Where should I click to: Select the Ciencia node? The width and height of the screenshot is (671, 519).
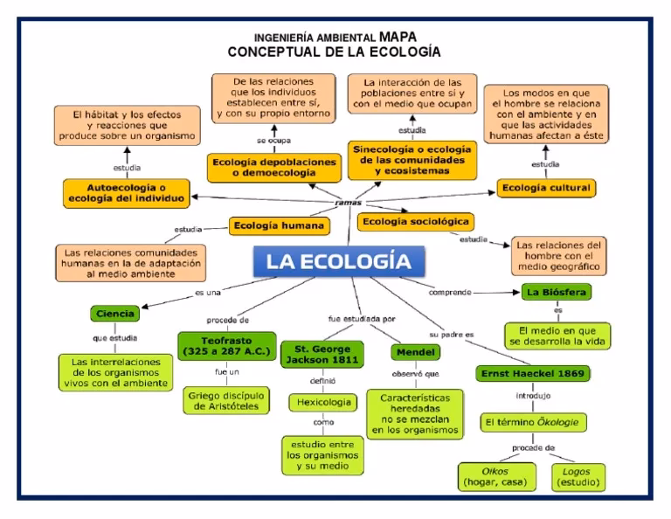tap(115, 312)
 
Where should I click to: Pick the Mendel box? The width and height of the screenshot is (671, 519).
tap(414, 353)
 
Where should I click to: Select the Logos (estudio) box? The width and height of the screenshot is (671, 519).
tap(578, 475)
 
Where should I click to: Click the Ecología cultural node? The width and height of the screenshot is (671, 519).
tap(545, 188)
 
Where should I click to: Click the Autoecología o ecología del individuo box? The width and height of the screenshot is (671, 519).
tap(125, 192)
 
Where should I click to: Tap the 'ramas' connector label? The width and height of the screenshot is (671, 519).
tap(348, 203)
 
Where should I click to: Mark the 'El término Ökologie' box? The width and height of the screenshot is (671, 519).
tap(534, 422)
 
